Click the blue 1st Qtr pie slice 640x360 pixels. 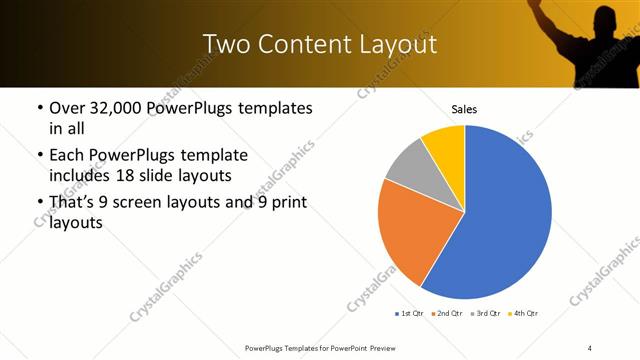(500, 215)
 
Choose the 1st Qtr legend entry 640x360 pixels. (410, 314)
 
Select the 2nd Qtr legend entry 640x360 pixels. (446, 314)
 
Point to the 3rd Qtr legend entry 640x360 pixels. (484, 314)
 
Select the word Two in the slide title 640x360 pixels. (225, 44)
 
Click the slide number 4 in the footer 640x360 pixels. (590, 347)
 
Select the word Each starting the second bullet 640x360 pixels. (66, 155)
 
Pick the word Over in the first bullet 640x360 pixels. (67, 107)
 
